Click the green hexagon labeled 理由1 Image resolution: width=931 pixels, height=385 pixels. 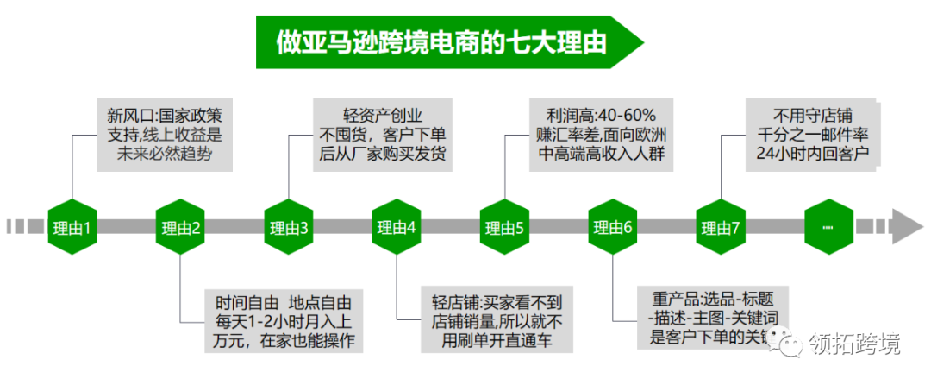72,228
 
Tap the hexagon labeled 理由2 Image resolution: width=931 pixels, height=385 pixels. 180,228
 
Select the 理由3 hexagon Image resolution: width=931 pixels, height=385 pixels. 289,228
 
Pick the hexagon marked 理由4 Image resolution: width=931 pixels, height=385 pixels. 397,228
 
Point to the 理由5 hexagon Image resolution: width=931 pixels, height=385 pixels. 504,228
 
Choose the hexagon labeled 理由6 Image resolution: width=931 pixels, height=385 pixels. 612,228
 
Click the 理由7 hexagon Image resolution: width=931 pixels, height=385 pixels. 721,228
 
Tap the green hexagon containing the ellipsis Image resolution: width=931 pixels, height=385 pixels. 828,227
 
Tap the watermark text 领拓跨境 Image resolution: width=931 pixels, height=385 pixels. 855,344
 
